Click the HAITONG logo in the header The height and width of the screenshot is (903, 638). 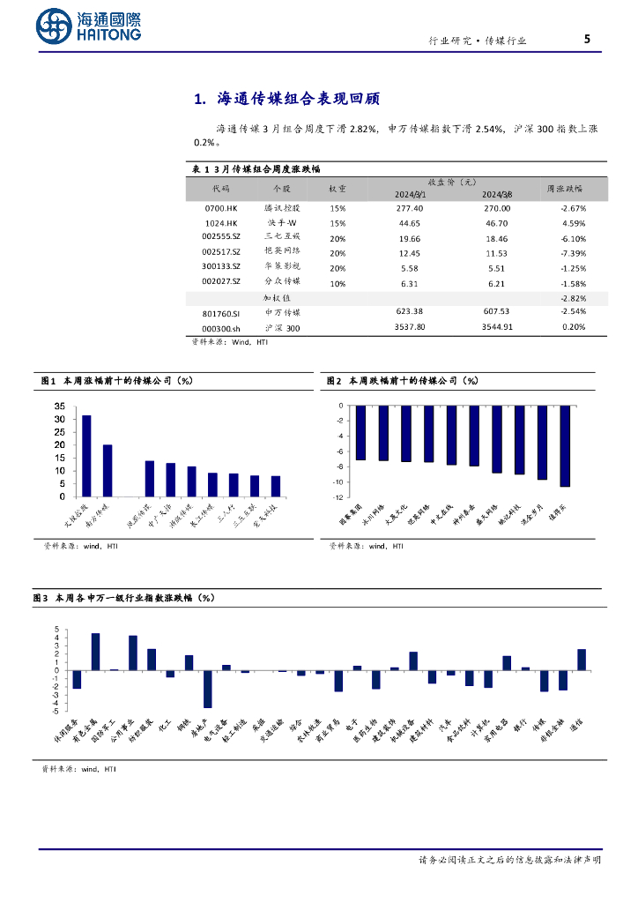[89, 27]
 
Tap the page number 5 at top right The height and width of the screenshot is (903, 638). [587, 39]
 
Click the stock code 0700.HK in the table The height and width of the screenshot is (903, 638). [221, 208]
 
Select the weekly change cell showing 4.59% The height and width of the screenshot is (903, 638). [572, 223]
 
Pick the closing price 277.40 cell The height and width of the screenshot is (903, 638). [410, 208]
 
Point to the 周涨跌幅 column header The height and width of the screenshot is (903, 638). [564, 188]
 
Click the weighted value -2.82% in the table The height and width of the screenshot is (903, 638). [572, 299]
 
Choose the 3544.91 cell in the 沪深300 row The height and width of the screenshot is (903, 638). [496, 327]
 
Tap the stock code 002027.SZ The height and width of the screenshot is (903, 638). [221, 282]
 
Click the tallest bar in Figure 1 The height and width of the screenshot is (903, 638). [86, 455]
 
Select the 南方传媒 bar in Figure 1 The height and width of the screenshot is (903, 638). [108, 470]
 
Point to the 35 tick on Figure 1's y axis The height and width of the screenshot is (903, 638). [60, 407]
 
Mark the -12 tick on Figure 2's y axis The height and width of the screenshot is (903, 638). [338, 497]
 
